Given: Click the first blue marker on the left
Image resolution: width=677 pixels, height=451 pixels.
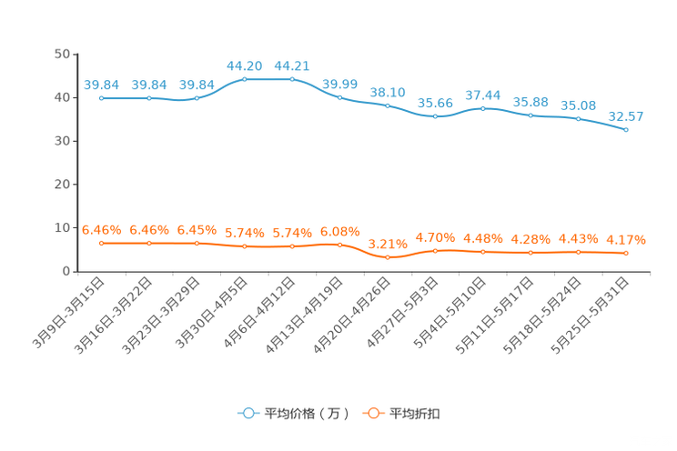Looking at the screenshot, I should (x=101, y=97).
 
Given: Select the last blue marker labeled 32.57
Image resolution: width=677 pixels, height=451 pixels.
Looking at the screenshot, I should (x=626, y=130).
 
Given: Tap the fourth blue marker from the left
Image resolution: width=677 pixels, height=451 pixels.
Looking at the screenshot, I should (x=245, y=79).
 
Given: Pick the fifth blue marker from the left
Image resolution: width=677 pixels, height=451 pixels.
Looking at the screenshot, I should (x=292, y=79).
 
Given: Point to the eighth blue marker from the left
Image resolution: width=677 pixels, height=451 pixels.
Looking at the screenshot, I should (x=436, y=116).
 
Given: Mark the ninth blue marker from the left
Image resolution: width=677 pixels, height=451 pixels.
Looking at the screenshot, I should (x=483, y=108).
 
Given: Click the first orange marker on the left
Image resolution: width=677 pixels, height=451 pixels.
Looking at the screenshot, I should (x=101, y=244).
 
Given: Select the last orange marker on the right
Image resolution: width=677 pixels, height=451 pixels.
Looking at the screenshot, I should (x=626, y=254).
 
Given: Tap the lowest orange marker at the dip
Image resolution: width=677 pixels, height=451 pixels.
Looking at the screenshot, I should (x=388, y=257).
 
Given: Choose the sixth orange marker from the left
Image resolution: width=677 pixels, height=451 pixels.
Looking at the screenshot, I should (x=340, y=245).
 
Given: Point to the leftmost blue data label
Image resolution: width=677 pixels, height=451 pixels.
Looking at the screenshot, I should (x=101, y=85).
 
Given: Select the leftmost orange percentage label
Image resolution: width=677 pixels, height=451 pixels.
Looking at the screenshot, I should (x=101, y=230).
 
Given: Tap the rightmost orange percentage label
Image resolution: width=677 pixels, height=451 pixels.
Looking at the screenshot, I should (x=626, y=240).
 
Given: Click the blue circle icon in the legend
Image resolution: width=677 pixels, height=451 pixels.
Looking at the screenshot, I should (x=248, y=413).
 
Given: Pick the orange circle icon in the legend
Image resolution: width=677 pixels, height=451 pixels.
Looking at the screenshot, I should (x=373, y=413).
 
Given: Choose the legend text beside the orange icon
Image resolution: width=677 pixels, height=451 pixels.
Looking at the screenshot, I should (x=416, y=414).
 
